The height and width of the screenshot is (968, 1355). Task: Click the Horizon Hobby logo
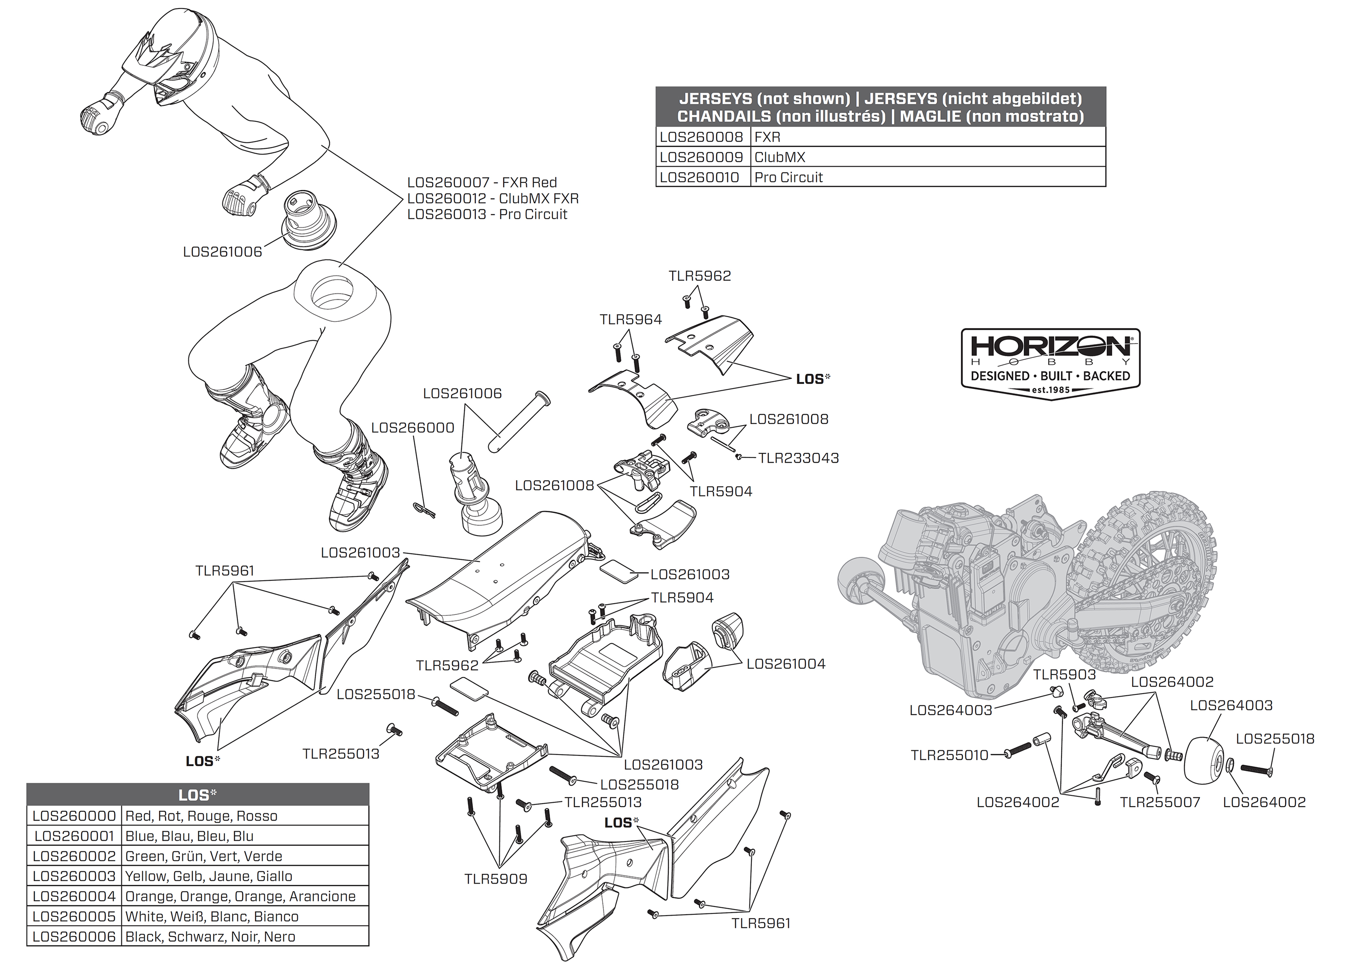tap(1050, 363)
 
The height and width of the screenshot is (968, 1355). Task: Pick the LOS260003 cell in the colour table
tap(74, 876)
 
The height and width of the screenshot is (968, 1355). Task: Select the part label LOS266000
tap(413, 428)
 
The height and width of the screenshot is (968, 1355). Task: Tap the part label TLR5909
tap(496, 879)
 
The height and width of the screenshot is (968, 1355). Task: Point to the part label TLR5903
tap(1064, 675)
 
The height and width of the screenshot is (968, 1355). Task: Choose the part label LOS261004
tap(785, 664)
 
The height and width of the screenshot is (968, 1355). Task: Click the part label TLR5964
tap(631, 320)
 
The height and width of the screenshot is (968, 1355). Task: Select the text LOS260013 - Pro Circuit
tap(487, 215)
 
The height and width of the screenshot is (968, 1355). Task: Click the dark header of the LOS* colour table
tap(198, 795)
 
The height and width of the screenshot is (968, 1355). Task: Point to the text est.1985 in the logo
tap(1050, 390)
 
